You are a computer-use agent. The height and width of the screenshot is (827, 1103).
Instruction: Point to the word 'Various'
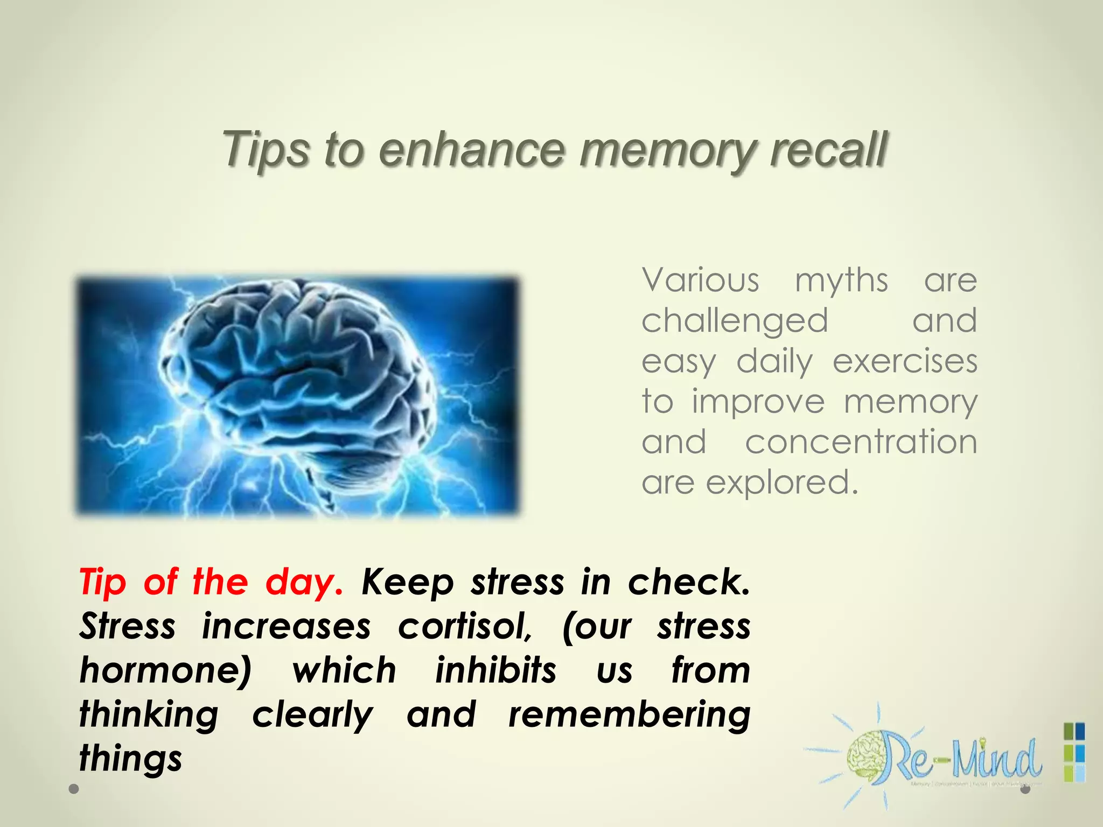(700, 281)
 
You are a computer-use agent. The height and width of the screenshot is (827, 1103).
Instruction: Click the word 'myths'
(841, 282)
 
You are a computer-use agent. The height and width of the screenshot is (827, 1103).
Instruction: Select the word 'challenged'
(735, 321)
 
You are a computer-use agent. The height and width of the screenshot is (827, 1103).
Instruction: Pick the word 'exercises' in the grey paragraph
(905, 361)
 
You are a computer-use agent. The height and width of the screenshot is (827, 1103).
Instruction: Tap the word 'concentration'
(861, 442)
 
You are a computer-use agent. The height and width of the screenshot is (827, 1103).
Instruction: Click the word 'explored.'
(781, 483)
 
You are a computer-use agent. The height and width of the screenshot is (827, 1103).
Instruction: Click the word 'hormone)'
(165, 671)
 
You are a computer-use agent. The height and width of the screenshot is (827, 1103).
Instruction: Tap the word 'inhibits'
(495, 670)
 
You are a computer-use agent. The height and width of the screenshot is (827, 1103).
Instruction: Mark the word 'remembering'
(629, 715)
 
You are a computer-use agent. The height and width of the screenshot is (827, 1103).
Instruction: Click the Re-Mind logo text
(964, 759)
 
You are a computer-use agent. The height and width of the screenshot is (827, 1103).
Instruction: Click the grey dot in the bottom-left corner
(74, 789)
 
